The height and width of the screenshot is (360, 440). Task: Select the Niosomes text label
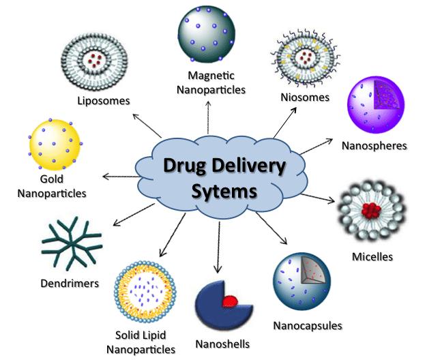tap(305, 97)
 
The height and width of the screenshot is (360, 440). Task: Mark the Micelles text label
tap(372, 257)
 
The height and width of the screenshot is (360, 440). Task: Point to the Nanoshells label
tap(222, 344)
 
